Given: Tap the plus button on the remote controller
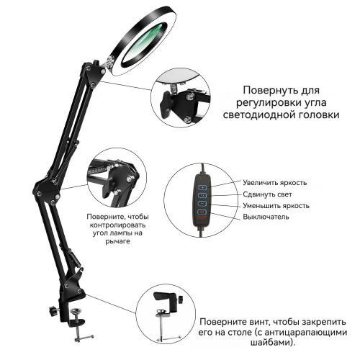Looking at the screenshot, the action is (203, 187).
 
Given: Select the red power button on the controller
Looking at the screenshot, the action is (202, 212).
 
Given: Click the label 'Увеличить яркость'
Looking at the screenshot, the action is (275, 183).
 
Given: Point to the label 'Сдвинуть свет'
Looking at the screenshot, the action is (267, 194).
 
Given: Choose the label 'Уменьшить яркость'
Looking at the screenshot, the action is (276, 206).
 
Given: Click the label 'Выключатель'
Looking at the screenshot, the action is (266, 217).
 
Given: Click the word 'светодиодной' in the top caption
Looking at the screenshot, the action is (258, 114).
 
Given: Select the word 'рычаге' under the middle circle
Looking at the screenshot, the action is (117, 241).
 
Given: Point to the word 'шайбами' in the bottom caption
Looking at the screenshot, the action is (270, 342).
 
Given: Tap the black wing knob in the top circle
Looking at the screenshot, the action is (166, 104).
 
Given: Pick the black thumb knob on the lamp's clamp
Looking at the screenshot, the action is (53, 310).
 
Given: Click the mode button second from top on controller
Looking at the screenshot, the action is (203, 195).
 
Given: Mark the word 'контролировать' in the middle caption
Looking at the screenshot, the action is (117, 225).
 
